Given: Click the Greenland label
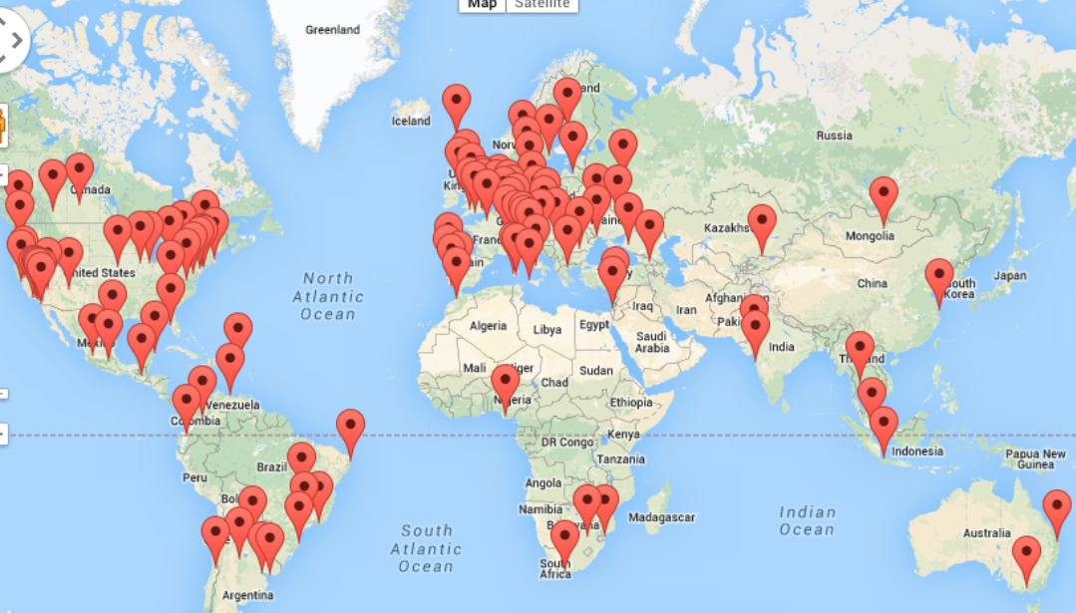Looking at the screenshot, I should click(332, 30).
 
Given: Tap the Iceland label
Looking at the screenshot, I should click(411, 122).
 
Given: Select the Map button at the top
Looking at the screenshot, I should click(482, 4).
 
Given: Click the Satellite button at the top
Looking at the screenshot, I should click(541, 4).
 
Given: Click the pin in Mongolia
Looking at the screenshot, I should click(883, 196).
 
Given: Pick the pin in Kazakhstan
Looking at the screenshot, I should click(762, 223).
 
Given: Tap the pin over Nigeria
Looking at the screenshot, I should click(505, 383).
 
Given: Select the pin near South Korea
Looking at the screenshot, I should click(938, 276).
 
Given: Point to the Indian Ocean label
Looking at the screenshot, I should click(807, 520).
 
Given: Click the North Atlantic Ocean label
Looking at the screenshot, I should click(329, 296).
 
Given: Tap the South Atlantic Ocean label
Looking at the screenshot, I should click(427, 548).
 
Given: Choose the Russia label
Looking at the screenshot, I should click(834, 136).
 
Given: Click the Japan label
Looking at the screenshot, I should click(1009, 276).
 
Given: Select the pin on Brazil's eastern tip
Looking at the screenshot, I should click(350, 429).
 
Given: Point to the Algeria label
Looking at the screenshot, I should click(489, 326).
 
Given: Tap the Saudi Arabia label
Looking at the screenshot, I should click(652, 342).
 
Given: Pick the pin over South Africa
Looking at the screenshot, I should click(564, 539).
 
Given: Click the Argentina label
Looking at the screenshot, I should click(247, 595).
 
